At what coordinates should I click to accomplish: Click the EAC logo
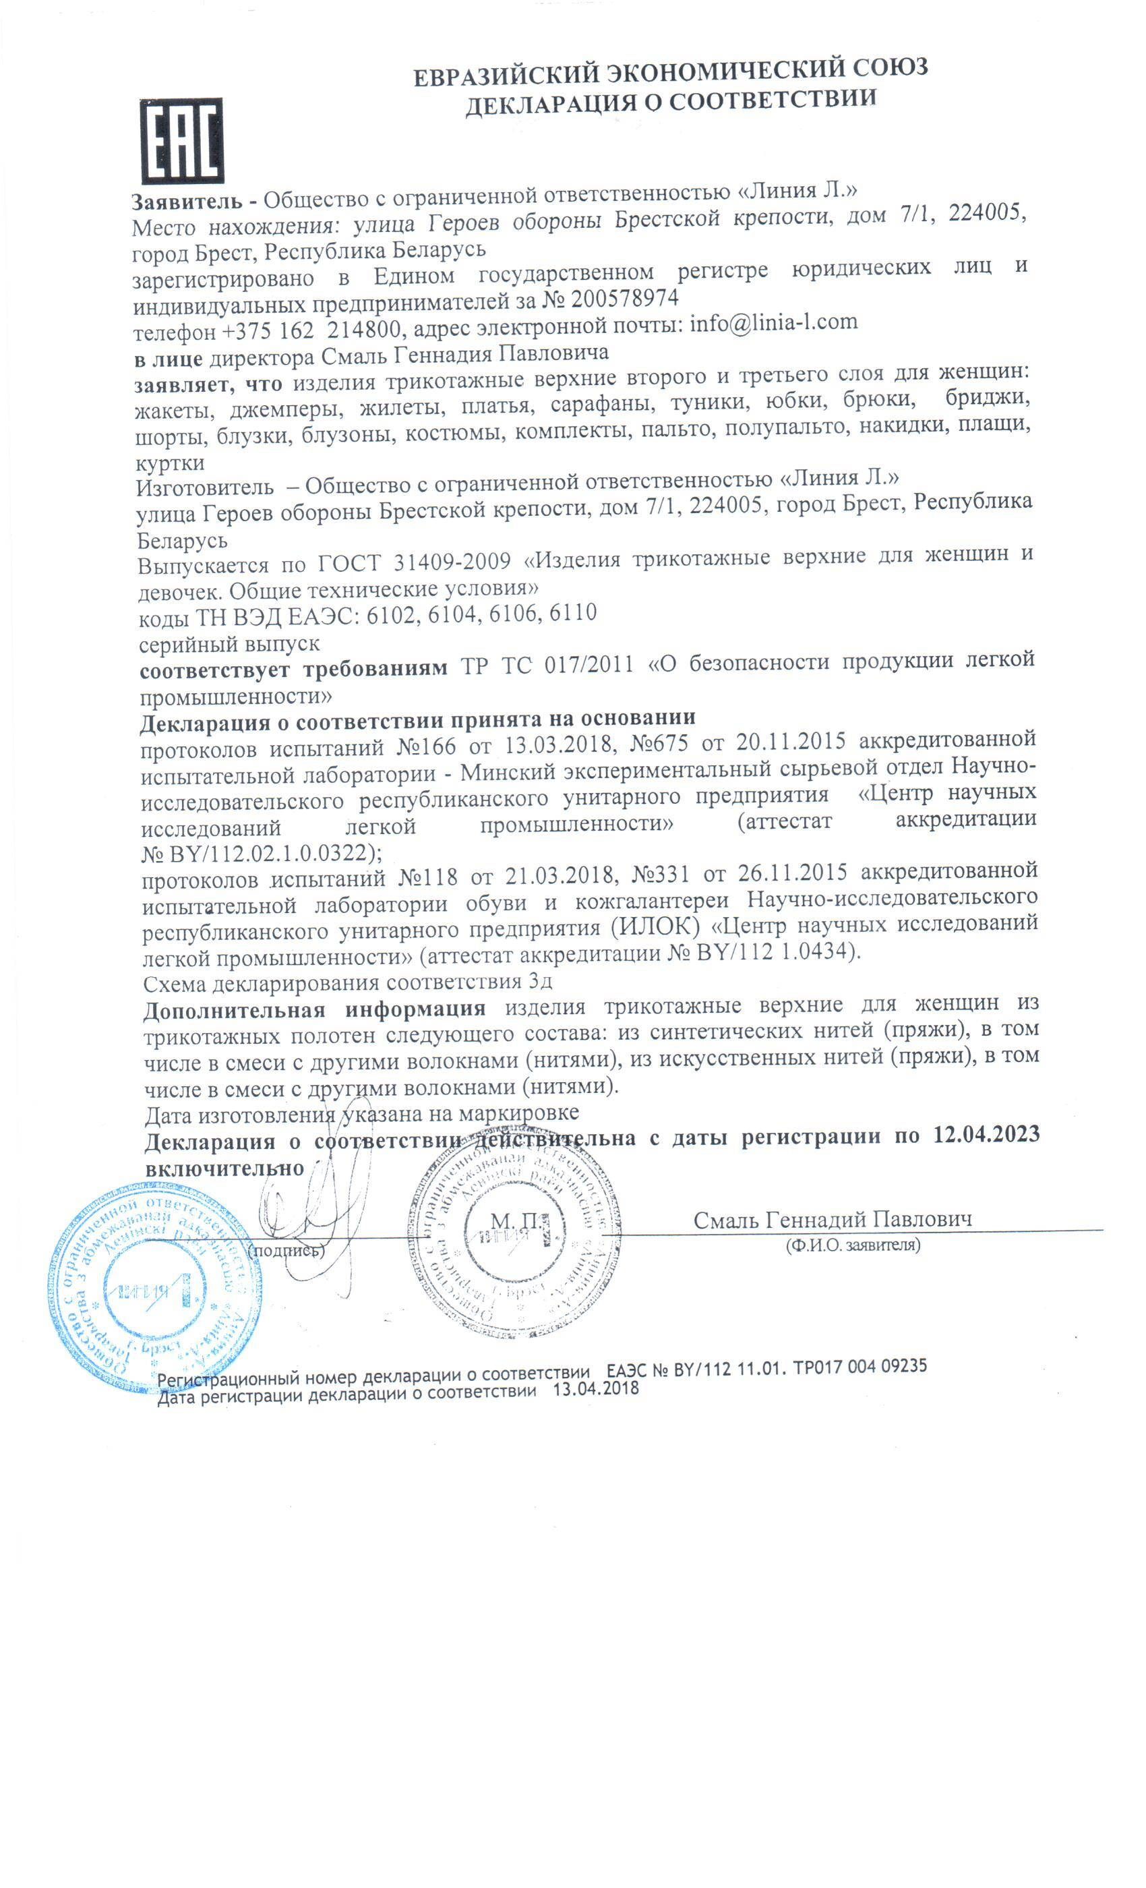coord(181,140)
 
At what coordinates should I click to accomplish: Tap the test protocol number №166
coord(427,745)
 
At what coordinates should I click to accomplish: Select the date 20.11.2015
coord(791,741)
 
